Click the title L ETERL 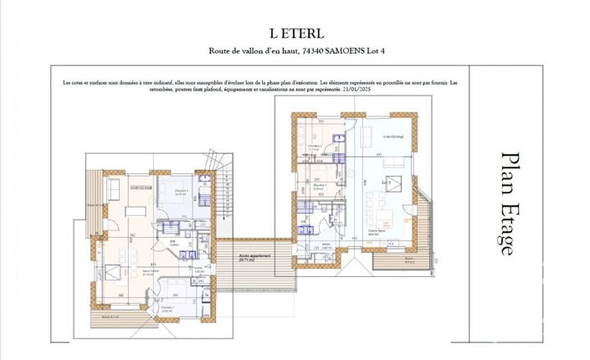295,33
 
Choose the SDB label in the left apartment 173,243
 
